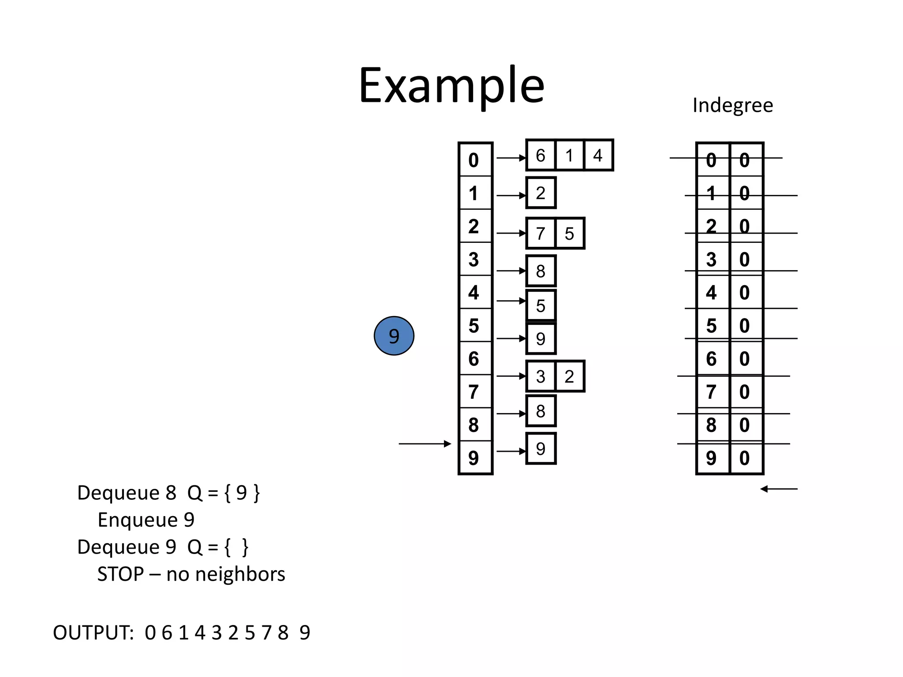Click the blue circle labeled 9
click(394, 336)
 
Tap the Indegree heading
click(732, 105)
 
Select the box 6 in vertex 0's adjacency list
click(541, 156)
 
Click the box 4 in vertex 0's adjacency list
click(598, 156)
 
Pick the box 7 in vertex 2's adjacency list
click(541, 234)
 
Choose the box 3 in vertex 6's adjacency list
click(541, 376)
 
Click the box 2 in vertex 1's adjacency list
click(541, 193)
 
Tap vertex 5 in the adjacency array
click(474, 326)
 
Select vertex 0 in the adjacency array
click(474, 160)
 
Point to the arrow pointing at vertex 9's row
click(425, 444)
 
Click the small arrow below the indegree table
click(779, 489)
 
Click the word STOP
click(120, 574)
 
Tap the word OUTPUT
click(93, 633)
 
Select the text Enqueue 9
click(146, 520)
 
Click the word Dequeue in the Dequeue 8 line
click(118, 493)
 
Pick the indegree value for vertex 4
click(745, 293)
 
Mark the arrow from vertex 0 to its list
click(511, 158)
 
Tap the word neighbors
click(240, 574)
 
